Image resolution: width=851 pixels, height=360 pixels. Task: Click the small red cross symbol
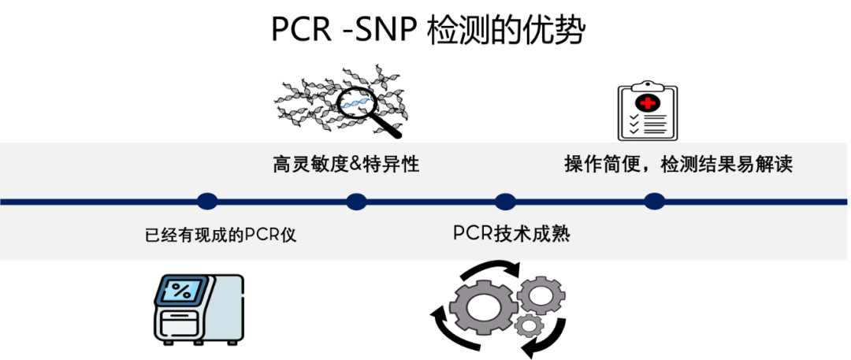pyautogui.click(x=648, y=102)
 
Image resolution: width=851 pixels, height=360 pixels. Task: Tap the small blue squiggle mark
pyautogui.click(x=355, y=103)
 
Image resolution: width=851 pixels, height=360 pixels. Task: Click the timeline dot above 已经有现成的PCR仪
pyautogui.click(x=207, y=201)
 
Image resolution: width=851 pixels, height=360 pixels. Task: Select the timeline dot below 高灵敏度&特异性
pyautogui.click(x=356, y=201)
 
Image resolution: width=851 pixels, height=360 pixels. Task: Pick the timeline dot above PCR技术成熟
pyautogui.click(x=505, y=201)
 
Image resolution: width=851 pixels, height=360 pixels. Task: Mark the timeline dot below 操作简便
pyautogui.click(x=654, y=201)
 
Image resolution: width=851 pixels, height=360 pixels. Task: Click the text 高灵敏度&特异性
pyautogui.click(x=346, y=165)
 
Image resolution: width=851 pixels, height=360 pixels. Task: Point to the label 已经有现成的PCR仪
pyautogui.click(x=221, y=235)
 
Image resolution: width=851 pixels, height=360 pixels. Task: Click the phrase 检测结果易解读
pyautogui.click(x=727, y=165)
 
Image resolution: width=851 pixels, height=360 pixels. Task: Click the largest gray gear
pyautogui.click(x=482, y=306)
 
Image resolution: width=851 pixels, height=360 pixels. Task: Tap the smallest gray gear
pyautogui.click(x=530, y=324)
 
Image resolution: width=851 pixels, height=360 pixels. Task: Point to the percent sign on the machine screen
pyautogui.click(x=181, y=290)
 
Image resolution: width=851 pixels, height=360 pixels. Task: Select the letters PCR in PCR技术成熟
pyautogui.click(x=472, y=234)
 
